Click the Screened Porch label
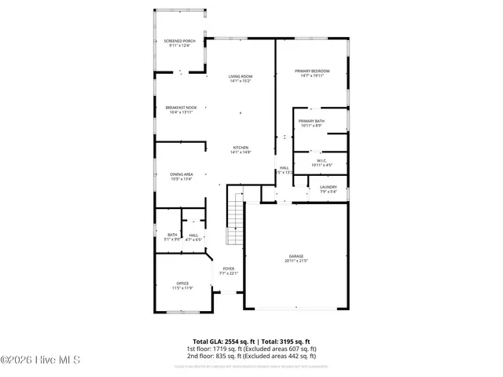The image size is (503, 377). tap(180, 40)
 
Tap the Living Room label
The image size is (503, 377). tap(240, 76)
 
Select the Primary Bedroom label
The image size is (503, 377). tap(311, 71)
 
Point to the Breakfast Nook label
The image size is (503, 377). tap(181, 107)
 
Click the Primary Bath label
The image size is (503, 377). tap(311, 120)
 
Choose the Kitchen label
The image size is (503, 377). tap(240, 148)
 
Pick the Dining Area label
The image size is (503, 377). tap(182, 174)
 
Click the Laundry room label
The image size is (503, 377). tap(328, 187)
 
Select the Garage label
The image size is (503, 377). tap(296, 256)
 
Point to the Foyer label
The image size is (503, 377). tap(228, 269)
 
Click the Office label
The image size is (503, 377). tap(182, 284)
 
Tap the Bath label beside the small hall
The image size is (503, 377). tap(172, 235)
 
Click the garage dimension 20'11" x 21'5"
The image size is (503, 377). tap(296, 261)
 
